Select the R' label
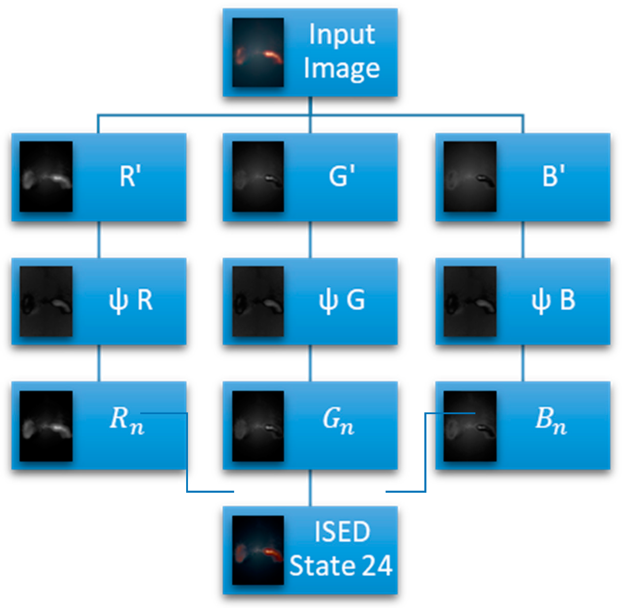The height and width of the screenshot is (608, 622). click(130, 176)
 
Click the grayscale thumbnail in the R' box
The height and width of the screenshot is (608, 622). click(46, 176)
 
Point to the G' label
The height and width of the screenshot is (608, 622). click(342, 176)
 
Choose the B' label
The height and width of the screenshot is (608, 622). click(553, 176)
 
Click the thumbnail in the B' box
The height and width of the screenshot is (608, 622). click(470, 176)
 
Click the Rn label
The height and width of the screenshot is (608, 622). click(126, 421)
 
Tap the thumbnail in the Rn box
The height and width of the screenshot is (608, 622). click(46, 426)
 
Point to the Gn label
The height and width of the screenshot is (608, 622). click(338, 421)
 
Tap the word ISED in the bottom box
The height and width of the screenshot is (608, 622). click(342, 532)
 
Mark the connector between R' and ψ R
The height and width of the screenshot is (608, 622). click(99, 239)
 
